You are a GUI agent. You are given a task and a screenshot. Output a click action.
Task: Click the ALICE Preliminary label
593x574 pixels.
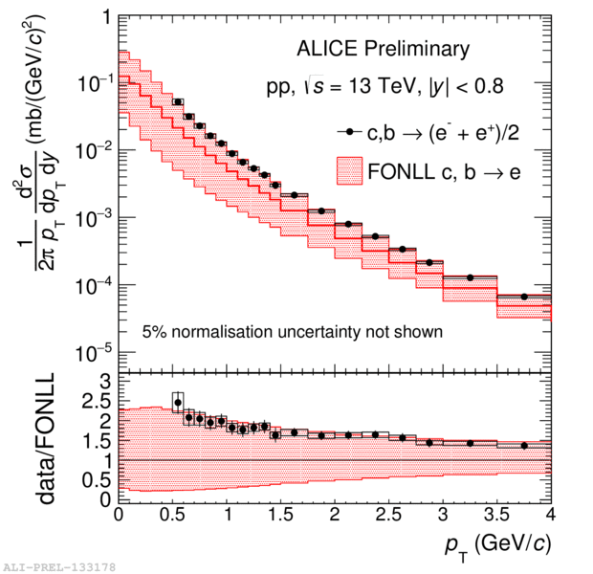(383, 49)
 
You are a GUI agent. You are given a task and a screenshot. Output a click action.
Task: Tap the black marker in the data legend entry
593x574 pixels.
(350, 132)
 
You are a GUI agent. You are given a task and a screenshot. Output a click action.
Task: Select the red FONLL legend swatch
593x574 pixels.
(349, 171)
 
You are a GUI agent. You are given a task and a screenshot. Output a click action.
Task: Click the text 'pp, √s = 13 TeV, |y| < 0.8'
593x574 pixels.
(385, 86)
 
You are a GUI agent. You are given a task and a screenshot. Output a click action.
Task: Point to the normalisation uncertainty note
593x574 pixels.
(293, 332)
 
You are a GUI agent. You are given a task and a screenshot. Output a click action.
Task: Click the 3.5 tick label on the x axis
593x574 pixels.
(497, 515)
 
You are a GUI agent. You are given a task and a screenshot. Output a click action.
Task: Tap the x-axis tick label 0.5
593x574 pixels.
(172, 515)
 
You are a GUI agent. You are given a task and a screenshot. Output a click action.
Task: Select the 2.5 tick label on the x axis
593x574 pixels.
(388, 515)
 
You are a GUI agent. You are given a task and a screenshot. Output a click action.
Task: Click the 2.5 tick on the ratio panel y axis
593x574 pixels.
(96, 402)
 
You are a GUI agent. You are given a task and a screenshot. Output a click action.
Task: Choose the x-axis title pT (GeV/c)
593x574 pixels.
(498, 547)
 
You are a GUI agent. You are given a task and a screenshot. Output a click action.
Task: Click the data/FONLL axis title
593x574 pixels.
(47, 438)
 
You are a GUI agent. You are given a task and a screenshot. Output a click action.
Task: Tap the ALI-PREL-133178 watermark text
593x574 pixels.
(59, 567)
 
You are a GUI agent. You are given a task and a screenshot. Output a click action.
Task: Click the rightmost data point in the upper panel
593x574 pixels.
(524, 297)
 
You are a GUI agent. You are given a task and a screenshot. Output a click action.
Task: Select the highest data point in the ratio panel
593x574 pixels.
(178, 402)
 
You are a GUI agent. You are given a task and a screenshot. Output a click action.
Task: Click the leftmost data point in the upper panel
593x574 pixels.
(178, 101)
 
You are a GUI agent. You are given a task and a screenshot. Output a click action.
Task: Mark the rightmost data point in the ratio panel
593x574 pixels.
(524, 446)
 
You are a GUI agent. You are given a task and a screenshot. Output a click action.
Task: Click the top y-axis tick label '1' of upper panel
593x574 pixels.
(107, 17)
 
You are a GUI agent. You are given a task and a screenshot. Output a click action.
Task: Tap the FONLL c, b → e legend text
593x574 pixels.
(444, 172)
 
